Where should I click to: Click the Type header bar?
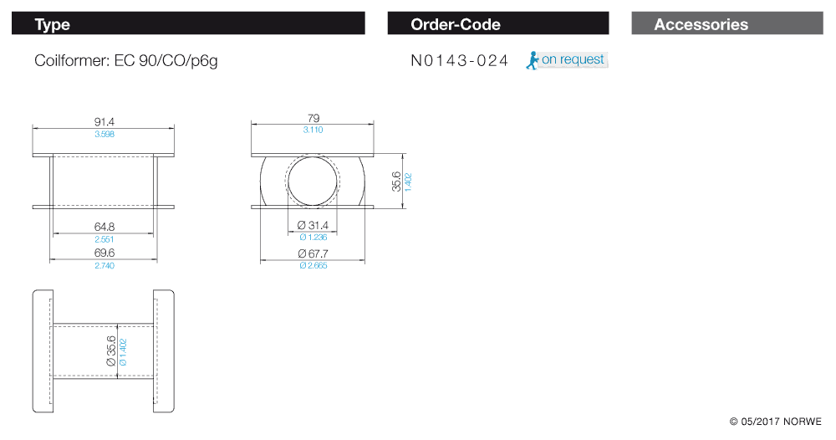click(x=188, y=23)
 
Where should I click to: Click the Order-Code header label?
click(x=456, y=24)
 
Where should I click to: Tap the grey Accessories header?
click(x=727, y=23)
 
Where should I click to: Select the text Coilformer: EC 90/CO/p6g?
click(x=126, y=61)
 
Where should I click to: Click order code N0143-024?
click(x=460, y=61)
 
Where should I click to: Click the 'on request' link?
click(x=573, y=59)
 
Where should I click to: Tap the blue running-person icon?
click(x=532, y=60)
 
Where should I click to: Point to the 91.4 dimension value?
click(x=104, y=122)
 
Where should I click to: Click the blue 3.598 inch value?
click(x=104, y=134)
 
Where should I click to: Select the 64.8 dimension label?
click(x=104, y=228)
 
